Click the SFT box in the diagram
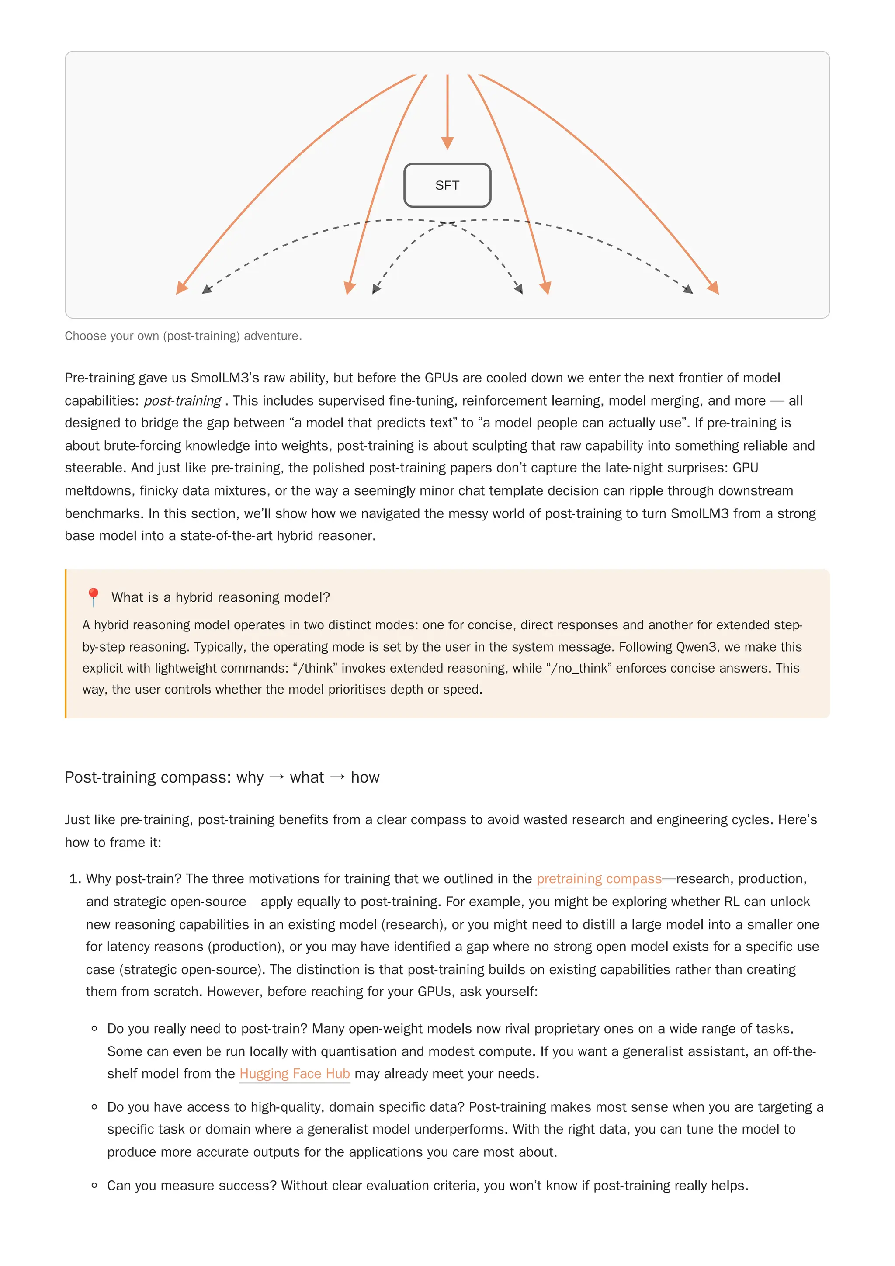click(x=447, y=185)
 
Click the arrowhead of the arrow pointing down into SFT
click(x=447, y=143)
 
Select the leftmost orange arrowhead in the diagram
click(x=181, y=288)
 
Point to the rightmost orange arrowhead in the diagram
click(x=714, y=288)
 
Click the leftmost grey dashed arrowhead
click(x=207, y=289)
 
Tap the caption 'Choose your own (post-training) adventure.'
click(x=183, y=336)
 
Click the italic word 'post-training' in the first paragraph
click(x=182, y=401)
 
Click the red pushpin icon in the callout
click(x=93, y=597)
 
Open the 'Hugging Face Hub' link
click(x=295, y=1074)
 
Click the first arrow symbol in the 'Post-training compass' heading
click(x=277, y=777)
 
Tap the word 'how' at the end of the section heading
click(x=365, y=777)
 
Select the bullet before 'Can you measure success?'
click(x=94, y=1186)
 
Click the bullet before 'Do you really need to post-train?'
click(x=94, y=1028)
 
